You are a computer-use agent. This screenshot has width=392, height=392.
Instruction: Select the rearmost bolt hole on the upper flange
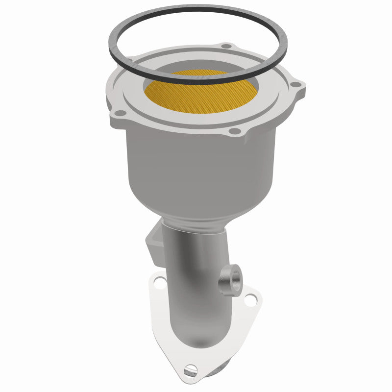pos(226,47)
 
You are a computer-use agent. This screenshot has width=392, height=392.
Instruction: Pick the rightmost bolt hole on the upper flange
pos(294,85)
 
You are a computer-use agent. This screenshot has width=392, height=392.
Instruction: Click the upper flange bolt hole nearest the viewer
pos(234,131)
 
